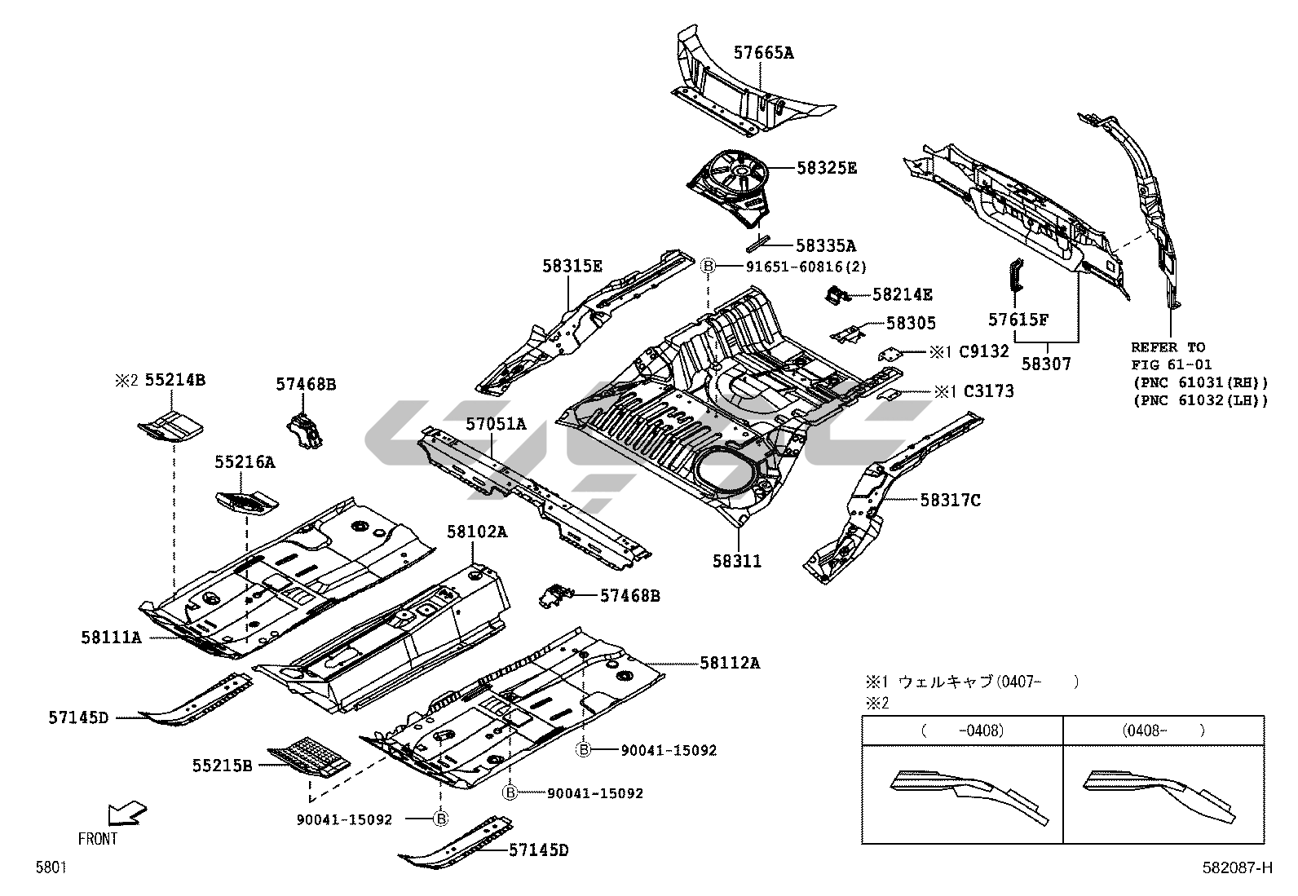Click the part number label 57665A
pyautogui.click(x=763, y=54)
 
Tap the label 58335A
pyautogui.click(x=825, y=245)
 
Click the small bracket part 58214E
pyautogui.click(x=836, y=295)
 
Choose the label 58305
pyautogui.click(x=911, y=324)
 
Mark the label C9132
pyautogui.click(x=983, y=352)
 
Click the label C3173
pyautogui.click(x=988, y=391)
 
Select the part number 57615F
pyautogui.click(x=1018, y=320)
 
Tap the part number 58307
pyautogui.click(x=1046, y=364)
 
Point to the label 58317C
pyautogui.click(x=950, y=500)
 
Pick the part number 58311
pyautogui.click(x=737, y=561)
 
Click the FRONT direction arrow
pyautogui.click(x=127, y=814)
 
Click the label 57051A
pyautogui.click(x=497, y=424)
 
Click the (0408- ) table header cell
pyautogui.click(x=1163, y=730)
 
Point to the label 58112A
pyautogui.click(x=729, y=663)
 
